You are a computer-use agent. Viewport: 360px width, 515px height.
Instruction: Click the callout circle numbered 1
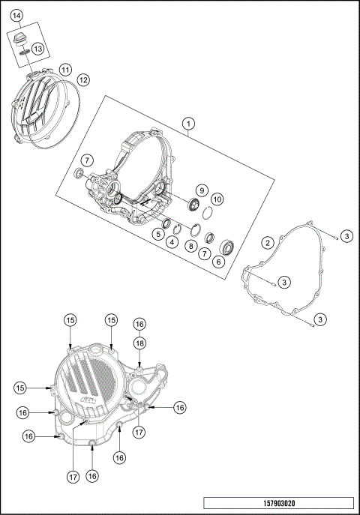(x=189, y=123)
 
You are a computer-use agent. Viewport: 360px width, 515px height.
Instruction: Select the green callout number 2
(x=266, y=242)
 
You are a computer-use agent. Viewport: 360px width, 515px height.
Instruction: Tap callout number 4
(x=172, y=241)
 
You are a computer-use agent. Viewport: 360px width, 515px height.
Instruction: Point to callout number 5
(x=158, y=234)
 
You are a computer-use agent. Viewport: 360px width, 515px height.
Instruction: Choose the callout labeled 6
(x=219, y=262)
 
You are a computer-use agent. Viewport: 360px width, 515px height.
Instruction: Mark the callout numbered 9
(x=201, y=190)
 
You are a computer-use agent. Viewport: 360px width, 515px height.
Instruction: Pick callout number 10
(x=217, y=199)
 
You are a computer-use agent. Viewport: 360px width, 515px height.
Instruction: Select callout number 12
(x=83, y=79)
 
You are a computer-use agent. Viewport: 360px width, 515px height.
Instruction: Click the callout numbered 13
(x=37, y=49)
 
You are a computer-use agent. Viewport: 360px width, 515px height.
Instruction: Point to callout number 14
(x=16, y=16)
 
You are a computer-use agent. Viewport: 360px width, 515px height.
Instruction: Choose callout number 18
(x=139, y=342)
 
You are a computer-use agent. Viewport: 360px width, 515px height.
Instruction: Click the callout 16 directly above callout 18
(x=139, y=324)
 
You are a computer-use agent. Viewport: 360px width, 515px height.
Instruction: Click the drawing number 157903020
(x=278, y=502)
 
